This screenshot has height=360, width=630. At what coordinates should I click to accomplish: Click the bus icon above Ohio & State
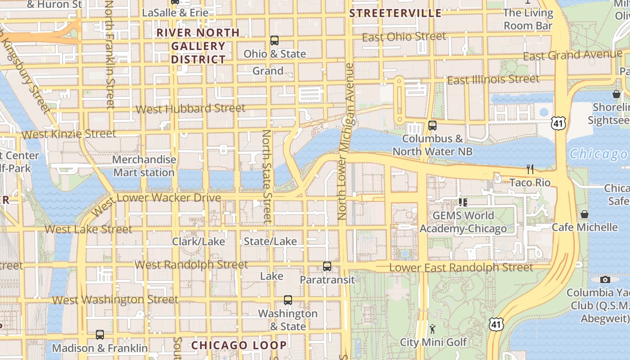point(274,40)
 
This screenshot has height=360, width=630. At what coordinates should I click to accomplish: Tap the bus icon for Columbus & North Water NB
point(432,126)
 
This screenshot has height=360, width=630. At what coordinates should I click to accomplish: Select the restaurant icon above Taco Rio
point(530,169)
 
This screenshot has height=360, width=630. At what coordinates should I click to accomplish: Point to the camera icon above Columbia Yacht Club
point(605,279)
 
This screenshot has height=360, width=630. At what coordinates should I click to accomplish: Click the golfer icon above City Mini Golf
point(432,329)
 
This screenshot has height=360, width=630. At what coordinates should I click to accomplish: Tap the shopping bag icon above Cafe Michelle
point(584,214)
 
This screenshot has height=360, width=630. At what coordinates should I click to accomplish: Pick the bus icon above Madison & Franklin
point(100,335)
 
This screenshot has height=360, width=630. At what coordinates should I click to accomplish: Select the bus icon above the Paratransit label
point(327,266)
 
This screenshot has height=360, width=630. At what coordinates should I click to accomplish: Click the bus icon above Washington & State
point(288,300)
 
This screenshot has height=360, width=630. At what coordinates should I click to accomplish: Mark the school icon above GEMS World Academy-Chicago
point(463,202)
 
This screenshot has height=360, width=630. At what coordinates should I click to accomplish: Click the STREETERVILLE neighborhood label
point(396,13)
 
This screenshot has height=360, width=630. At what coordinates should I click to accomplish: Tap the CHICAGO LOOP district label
point(239,345)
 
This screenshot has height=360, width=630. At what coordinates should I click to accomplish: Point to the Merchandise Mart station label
point(144,166)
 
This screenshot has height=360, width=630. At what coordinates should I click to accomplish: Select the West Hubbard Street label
point(190,109)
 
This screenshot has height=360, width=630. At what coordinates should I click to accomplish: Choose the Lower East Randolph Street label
point(461,268)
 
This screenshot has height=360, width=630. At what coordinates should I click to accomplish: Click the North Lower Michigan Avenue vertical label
point(346,142)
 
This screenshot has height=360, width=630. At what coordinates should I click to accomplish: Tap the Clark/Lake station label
point(198,242)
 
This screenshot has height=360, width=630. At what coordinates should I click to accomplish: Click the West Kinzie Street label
point(69,134)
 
